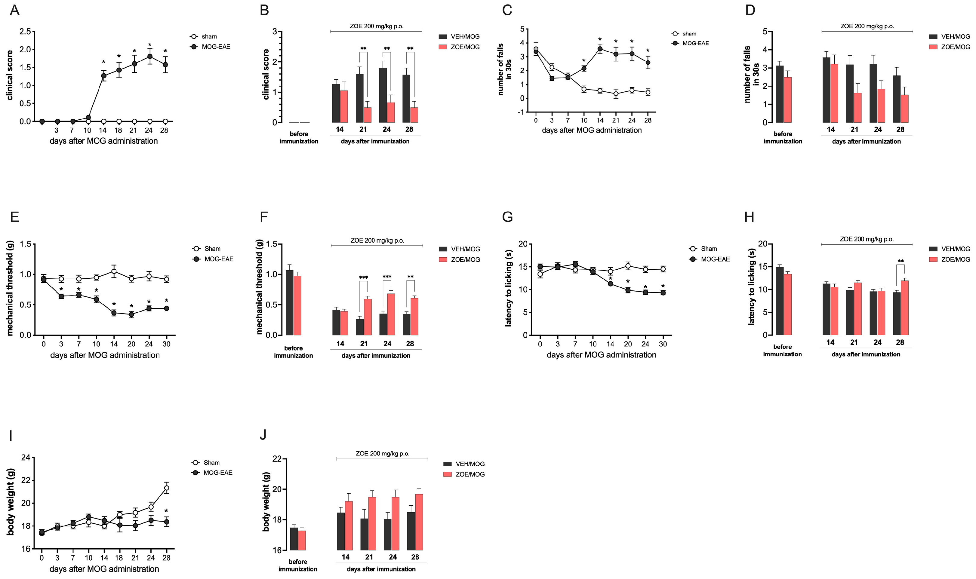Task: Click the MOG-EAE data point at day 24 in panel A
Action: [149, 56]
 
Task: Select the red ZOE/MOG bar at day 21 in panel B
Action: [367, 115]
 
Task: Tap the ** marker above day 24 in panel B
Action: [387, 49]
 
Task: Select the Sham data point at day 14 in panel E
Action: [114, 271]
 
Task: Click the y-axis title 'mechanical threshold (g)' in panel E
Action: [10, 288]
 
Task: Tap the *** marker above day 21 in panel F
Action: [363, 278]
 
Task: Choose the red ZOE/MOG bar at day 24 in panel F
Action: [391, 314]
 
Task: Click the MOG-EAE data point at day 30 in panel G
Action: [663, 293]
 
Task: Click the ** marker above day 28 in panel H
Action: [900, 261]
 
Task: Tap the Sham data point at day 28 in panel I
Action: [167, 488]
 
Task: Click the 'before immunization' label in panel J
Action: [298, 565]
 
